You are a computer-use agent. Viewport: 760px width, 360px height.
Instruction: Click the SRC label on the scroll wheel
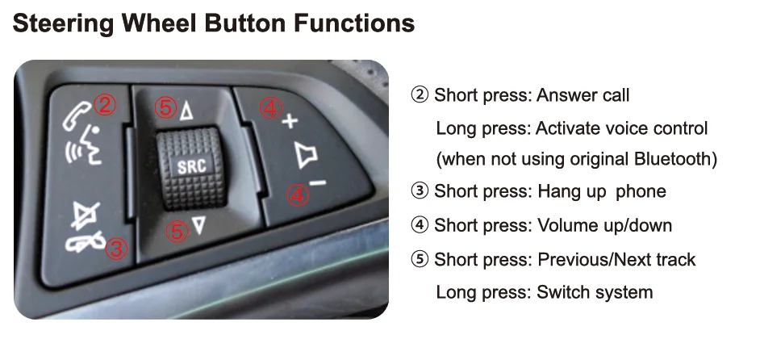tap(191, 166)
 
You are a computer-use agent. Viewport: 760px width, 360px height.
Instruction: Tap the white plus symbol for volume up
tap(290, 121)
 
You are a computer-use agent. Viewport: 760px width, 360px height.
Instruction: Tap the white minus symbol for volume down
tap(318, 183)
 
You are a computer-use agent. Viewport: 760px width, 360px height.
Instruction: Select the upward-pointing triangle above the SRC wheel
tap(186, 111)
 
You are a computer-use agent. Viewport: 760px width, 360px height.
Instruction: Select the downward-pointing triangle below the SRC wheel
tap(198, 226)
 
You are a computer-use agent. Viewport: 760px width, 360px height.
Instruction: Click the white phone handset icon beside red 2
tap(77, 115)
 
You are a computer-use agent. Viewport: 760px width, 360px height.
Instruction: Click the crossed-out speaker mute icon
tap(85, 216)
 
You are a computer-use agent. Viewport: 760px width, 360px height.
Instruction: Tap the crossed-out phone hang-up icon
tap(86, 241)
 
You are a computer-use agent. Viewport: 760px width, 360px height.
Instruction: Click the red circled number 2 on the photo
tap(105, 105)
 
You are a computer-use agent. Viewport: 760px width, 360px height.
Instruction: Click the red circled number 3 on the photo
tap(116, 249)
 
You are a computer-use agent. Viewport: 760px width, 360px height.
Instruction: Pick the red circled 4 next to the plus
tap(270, 107)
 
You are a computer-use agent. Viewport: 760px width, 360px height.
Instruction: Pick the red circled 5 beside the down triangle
tap(177, 231)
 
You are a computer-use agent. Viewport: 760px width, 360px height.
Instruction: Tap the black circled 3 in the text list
tap(420, 191)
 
